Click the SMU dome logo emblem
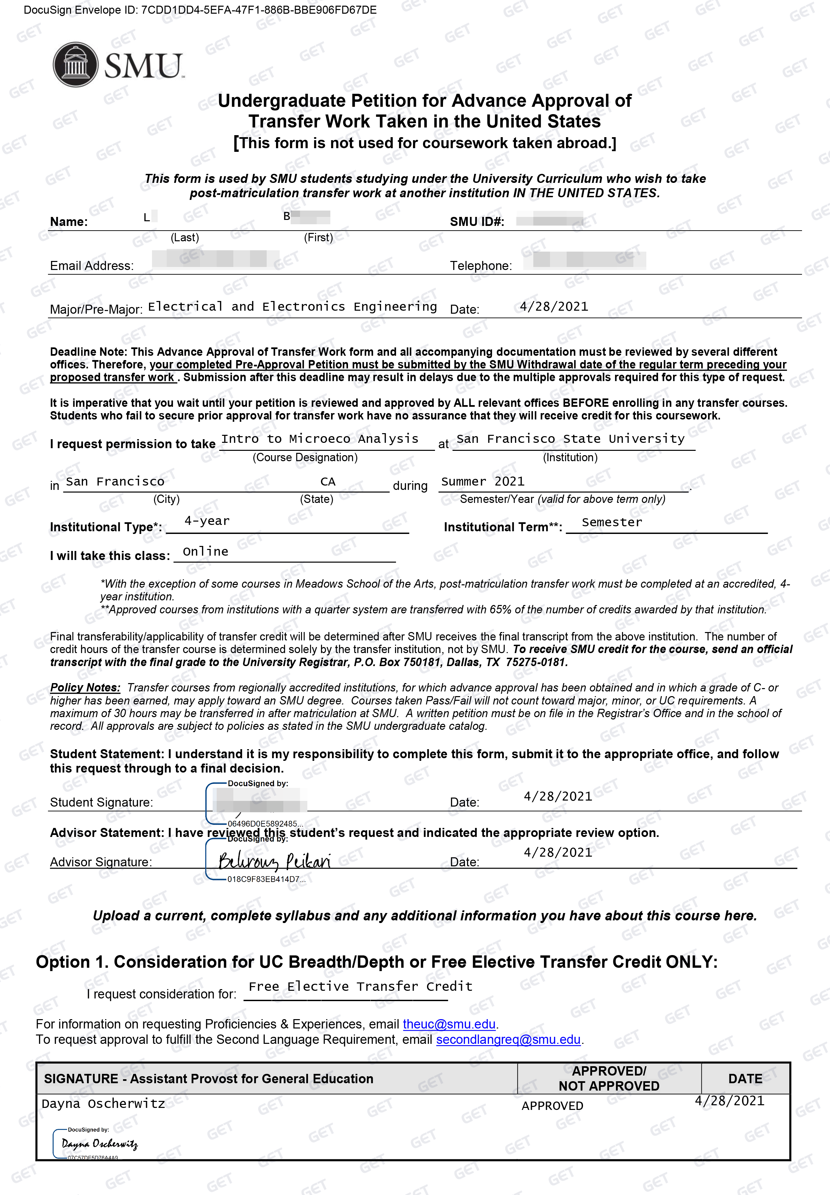coord(75,64)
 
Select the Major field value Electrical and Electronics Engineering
coord(292,307)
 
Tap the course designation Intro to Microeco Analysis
coord(320,439)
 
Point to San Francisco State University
coord(570,439)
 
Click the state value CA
coord(328,482)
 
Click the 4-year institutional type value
coord(207,521)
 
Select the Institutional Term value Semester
coord(612,522)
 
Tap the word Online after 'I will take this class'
coord(205,552)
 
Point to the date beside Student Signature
coord(557,796)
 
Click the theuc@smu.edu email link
coord(449,1024)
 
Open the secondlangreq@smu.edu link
coord(508,1039)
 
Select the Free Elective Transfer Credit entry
coord(360,986)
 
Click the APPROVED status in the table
coord(552,1106)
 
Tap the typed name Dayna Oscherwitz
coord(103,1103)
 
